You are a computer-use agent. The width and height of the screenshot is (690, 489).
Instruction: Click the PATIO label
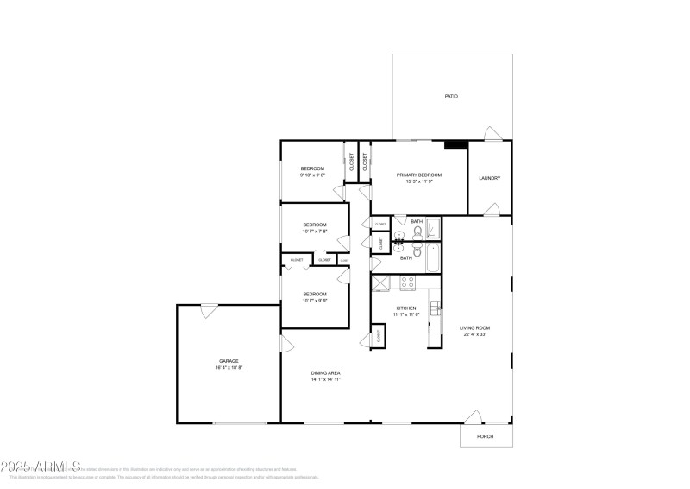pos(450,96)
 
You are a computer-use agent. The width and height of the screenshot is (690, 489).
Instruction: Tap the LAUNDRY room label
pos(489,179)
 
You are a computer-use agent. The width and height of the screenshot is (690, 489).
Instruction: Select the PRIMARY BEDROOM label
pos(418,175)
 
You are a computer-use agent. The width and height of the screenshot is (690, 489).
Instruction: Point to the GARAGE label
pos(228,361)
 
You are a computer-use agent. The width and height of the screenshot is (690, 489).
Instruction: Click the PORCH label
pos(485,436)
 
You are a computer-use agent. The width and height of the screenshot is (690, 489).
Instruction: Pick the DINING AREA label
pos(326,372)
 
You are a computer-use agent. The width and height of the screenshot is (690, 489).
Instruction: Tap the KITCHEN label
pos(406,308)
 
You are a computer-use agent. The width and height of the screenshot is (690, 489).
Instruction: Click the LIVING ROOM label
pos(474,327)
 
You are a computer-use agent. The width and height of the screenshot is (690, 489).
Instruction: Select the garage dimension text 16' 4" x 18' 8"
pos(229,368)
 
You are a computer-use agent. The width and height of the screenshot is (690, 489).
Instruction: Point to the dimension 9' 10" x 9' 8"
pos(312,175)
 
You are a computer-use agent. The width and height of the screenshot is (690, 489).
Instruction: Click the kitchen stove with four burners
pos(407,282)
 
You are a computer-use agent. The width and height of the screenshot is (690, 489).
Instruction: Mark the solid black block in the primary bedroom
pos(455,145)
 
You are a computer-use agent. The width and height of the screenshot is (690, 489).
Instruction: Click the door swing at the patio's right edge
pos(490,133)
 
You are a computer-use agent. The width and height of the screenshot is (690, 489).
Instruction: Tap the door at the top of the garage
pos(210,310)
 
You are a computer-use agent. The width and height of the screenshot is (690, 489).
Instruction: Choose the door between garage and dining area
pos(286,344)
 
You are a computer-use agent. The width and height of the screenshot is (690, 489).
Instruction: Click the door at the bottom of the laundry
pos(490,210)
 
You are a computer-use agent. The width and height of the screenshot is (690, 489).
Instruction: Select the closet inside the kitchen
pos(377,336)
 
